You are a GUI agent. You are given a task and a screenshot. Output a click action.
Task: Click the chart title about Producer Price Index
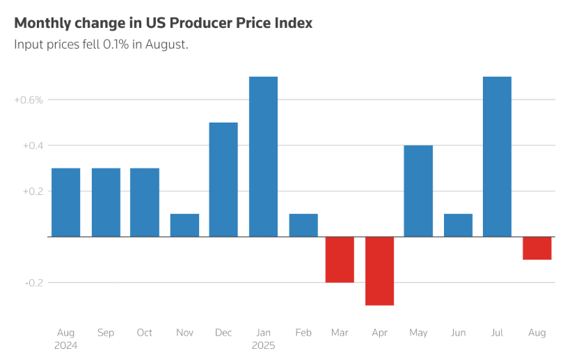click(163, 23)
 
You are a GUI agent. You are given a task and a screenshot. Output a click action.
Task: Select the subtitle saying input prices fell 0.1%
click(102, 45)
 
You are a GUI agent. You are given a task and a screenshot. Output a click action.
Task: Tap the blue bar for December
click(223, 180)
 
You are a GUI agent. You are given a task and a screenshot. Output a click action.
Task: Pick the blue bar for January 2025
click(263, 157)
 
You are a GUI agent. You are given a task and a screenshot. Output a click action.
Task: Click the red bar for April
click(380, 271)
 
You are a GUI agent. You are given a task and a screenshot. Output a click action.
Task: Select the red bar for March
click(340, 260)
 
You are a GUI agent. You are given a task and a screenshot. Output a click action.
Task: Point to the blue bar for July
click(497, 157)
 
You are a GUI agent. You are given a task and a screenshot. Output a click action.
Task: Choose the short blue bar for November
click(184, 225)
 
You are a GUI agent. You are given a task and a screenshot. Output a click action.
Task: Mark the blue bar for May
click(418, 191)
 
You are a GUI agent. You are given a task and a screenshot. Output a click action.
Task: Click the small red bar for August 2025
click(537, 248)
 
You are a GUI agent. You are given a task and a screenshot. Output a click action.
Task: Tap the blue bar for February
click(303, 225)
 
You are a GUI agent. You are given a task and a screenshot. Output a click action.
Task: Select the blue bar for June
click(458, 225)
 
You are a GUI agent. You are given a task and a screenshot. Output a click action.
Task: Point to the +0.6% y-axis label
click(29, 100)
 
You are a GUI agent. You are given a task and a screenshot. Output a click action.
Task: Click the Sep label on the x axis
click(106, 333)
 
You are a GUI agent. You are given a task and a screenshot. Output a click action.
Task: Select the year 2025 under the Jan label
click(264, 345)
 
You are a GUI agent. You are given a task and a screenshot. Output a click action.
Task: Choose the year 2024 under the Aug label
click(65, 345)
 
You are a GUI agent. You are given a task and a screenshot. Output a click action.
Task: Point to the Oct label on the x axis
click(144, 333)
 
